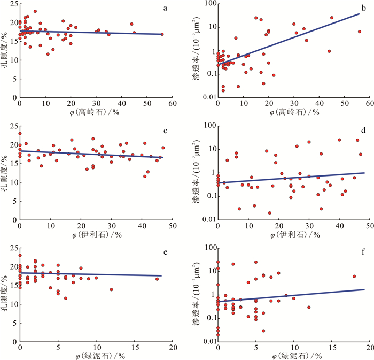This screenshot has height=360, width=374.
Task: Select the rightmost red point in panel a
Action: tap(162, 34)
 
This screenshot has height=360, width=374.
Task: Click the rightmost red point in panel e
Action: tap(157, 279)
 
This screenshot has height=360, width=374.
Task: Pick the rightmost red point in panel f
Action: tap(354, 277)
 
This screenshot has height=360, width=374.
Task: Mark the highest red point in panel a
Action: tap(35, 11)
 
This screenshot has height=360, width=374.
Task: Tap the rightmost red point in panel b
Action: tap(360, 32)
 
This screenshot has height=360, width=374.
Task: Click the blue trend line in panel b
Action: tap(294, 38)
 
